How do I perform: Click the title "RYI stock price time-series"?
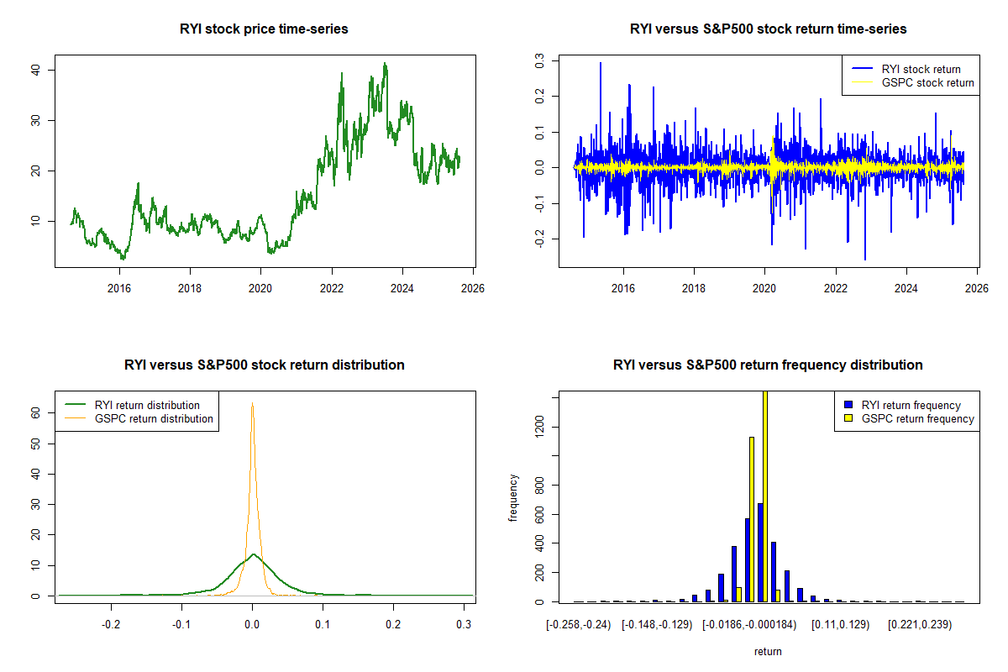pos(264,29)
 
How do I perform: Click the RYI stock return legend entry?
pos(921,69)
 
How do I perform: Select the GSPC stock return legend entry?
pos(927,82)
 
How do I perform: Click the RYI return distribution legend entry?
pos(147,405)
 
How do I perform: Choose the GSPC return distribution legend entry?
pos(154,418)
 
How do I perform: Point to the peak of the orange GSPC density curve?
pos(252,403)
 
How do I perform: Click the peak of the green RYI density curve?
pos(253,554)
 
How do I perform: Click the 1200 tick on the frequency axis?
pos(539,427)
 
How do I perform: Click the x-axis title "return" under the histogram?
pos(768,651)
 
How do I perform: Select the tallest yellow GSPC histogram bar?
pos(764,496)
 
